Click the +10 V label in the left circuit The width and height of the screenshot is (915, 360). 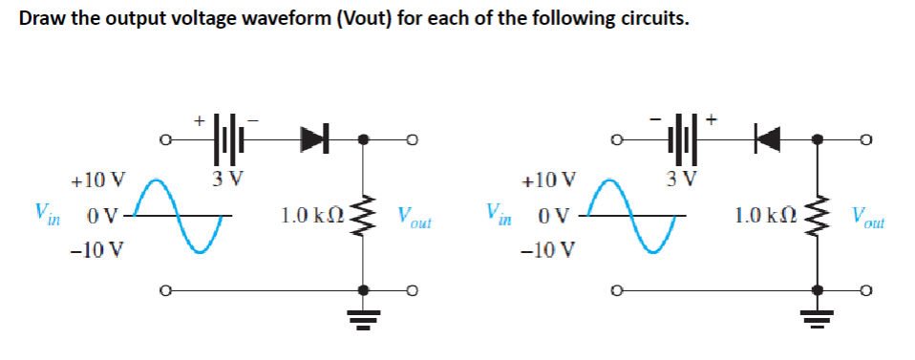(x=97, y=180)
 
